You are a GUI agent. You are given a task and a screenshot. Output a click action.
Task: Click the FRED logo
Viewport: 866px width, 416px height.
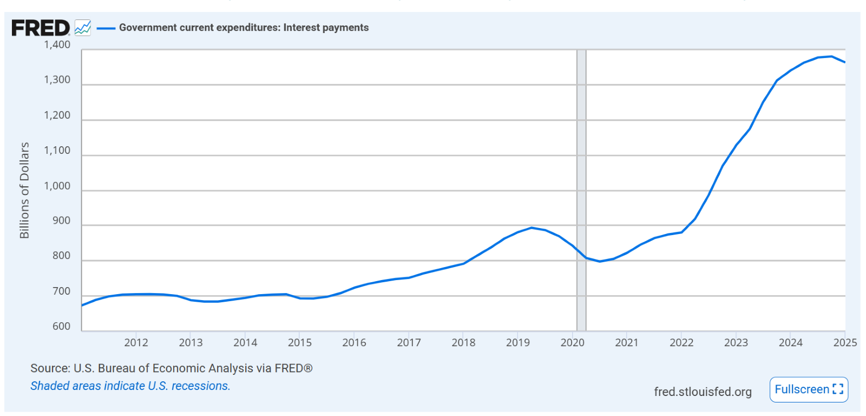(x=41, y=28)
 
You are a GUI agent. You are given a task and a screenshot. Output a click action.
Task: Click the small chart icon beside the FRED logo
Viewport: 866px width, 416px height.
(x=83, y=28)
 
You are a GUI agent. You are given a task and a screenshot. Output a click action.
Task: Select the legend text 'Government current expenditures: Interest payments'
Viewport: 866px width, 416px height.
(x=244, y=28)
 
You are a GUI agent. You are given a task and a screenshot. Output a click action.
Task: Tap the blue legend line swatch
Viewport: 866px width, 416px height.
(x=106, y=28)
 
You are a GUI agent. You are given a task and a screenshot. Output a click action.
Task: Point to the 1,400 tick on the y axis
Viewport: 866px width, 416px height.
(x=57, y=45)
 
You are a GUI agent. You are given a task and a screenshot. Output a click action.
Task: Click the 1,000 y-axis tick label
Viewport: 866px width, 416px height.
(x=57, y=186)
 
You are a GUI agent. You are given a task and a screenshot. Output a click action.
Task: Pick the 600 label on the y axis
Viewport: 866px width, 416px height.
(x=62, y=326)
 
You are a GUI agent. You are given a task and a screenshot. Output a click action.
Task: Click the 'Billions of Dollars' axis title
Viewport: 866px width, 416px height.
(x=24, y=190)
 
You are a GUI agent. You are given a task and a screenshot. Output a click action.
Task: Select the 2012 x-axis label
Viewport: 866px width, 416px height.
(x=136, y=342)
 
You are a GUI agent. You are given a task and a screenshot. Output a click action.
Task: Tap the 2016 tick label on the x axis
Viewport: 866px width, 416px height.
(x=354, y=342)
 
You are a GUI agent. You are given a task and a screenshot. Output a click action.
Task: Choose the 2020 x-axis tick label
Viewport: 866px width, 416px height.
(x=572, y=342)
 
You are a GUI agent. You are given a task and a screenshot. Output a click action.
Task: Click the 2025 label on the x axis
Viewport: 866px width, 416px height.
(x=845, y=342)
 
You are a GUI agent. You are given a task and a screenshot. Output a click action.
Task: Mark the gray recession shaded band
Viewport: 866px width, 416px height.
(x=581, y=190)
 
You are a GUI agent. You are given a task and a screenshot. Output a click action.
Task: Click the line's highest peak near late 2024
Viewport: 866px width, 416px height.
(x=831, y=56)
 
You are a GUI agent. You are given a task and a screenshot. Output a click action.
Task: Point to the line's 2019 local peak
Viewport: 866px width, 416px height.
(x=532, y=227)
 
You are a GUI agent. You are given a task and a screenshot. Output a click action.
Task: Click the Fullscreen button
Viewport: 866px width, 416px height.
(x=809, y=389)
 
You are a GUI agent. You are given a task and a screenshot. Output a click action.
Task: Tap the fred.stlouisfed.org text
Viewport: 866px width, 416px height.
(x=703, y=392)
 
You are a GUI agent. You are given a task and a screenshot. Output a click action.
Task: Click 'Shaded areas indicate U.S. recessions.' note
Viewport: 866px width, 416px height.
(x=130, y=386)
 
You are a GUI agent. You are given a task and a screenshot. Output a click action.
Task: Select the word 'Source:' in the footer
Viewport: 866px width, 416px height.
(x=50, y=368)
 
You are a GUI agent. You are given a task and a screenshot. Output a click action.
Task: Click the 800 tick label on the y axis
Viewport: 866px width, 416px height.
(x=62, y=256)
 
